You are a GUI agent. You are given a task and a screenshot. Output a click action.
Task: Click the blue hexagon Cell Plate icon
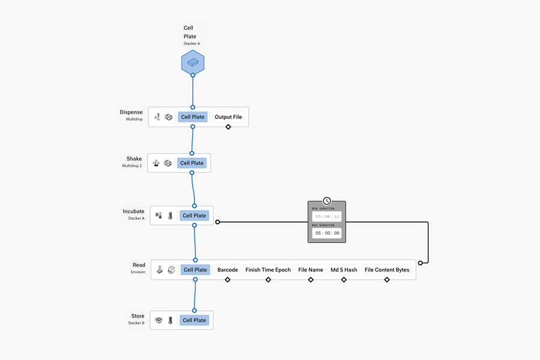coord(193,62)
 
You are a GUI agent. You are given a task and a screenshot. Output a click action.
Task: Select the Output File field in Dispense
coord(228,117)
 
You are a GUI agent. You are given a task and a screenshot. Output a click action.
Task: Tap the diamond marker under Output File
coord(228,127)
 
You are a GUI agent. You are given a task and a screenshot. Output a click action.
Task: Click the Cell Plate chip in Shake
coord(192,163)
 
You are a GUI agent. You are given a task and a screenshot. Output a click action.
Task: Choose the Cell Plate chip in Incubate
coord(194,215)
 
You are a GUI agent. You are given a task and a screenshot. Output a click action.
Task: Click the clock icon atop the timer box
coord(326,201)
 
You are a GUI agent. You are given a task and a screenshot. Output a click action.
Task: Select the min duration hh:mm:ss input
coord(327,217)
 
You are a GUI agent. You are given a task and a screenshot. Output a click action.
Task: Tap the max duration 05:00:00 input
coord(327,233)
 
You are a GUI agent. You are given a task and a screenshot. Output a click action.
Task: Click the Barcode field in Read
coord(227,270)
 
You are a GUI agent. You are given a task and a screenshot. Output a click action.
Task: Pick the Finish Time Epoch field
coord(268,270)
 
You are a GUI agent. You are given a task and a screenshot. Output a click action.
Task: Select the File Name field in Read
coord(311,270)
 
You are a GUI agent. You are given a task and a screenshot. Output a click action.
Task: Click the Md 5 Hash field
coord(344,270)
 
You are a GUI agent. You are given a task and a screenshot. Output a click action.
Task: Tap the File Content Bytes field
coord(387,270)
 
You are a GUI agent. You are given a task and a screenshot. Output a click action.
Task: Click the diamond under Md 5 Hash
coord(344,280)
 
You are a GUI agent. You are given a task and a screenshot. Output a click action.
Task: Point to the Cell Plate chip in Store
coord(194,320)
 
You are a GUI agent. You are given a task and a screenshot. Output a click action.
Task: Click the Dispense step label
coord(131,112)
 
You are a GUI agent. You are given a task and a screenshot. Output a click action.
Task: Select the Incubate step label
coord(133,211)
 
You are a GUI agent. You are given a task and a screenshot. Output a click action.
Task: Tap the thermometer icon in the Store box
coord(170,320)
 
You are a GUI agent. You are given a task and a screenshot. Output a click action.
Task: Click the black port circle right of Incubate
coord(218,222)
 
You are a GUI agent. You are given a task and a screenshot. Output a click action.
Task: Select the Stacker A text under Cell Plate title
coord(192,44)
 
